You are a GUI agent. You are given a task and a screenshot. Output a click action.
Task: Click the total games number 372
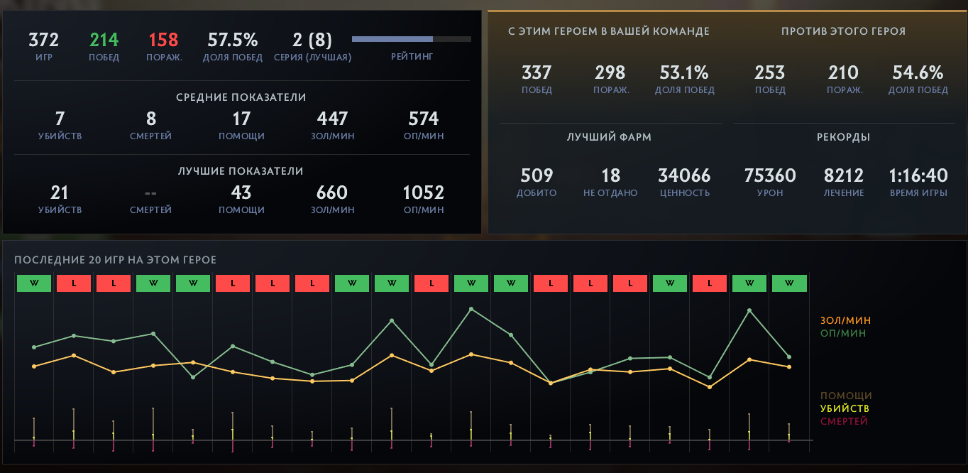[x=43, y=40]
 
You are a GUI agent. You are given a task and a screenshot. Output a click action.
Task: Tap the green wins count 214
[x=104, y=40]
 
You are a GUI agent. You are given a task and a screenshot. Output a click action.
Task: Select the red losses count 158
[x=164, y=40]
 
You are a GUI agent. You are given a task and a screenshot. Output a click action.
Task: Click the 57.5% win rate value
[x=232, y=40]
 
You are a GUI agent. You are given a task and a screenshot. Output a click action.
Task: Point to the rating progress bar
[x=412, y=39]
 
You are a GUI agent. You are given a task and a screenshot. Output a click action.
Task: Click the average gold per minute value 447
[x=332, y=119]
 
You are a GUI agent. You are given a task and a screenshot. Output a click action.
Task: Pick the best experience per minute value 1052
[x=423, y=192]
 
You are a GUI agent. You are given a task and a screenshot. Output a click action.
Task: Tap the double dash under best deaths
[x=150, y=193]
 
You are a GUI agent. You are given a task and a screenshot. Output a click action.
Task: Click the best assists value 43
[x=241, y=192]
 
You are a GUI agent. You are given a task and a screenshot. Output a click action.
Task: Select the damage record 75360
[x=770, y=175]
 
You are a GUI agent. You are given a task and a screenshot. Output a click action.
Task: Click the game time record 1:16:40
[x=918, y=175]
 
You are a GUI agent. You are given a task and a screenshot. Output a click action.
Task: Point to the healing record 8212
[x=844, y=175]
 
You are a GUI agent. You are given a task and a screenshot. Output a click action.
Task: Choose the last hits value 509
[x=537, y=175]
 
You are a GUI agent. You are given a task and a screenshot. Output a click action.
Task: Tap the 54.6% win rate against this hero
[x=918, y=72]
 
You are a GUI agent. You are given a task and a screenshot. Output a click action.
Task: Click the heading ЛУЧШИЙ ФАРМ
[x=609, y=137]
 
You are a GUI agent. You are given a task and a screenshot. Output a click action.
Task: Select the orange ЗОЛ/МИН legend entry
[x=845, y=320]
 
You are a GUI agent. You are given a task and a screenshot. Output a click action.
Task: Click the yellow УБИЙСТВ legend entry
[x=845, y=408]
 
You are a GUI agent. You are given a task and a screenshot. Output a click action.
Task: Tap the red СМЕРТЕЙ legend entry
[x=844, y=421]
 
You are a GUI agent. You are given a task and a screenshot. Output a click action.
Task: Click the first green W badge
[x=35, y=283]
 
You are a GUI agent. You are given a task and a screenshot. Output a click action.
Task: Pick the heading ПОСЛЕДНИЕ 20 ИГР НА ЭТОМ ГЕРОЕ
[x=115, y=260]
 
